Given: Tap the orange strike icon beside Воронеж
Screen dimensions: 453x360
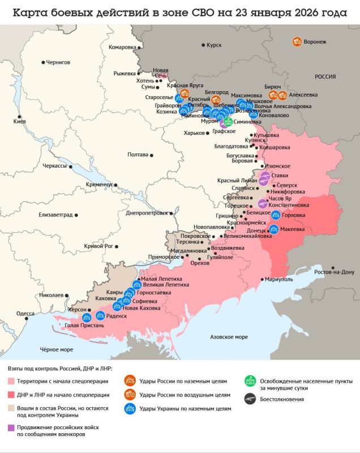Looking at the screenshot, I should coord(297,41).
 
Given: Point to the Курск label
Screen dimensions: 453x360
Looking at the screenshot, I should coord(214,44).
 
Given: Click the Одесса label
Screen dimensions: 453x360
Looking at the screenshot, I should coord(25,313).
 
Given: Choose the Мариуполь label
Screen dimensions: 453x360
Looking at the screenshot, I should coord(279,279).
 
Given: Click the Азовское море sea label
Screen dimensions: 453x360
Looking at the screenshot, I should coord(229,337).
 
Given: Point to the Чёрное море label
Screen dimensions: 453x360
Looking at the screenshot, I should coord(56,349).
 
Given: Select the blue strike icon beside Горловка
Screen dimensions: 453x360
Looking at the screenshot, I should coord(276,215).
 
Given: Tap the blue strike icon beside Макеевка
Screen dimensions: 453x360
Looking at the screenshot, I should coord(274,229).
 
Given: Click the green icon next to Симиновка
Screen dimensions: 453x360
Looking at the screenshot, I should coord(228,121).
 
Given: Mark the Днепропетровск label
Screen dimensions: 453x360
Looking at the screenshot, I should coord(148,213).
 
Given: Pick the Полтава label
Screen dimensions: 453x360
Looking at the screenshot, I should coord(138,155).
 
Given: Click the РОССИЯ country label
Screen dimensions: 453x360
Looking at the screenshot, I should coord(325,76).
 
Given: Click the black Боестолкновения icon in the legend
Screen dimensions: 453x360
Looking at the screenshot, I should coord(248,399).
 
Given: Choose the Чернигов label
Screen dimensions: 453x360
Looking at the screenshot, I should coord(58,61).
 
